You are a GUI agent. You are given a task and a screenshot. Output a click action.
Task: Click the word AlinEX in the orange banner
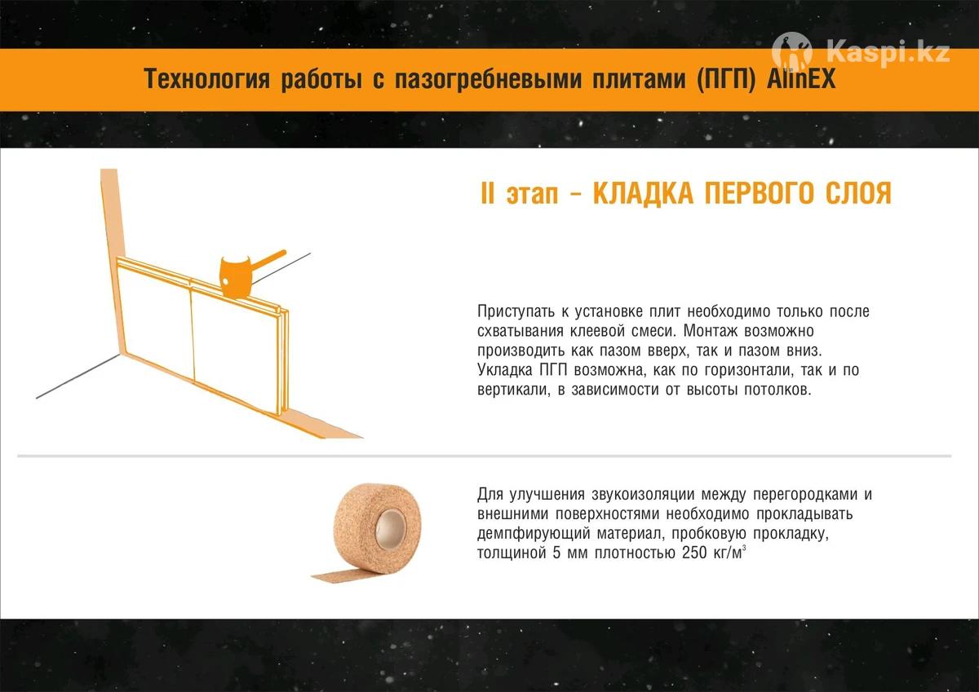tap(800, 79)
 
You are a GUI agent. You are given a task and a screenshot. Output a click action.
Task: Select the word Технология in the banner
tap(206, 79)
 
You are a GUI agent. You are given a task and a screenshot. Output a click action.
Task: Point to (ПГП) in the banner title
tap(726, 80)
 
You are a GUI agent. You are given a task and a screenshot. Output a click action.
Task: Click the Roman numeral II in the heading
tap(487, 193)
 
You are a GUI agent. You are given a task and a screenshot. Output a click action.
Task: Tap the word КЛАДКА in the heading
tap(643, 194)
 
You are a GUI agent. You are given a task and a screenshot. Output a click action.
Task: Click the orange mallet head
tap(235, 277)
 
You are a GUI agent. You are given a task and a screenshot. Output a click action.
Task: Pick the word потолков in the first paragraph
tap(780, 389)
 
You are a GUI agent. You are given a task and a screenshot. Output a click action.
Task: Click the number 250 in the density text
tap(694, 553)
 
